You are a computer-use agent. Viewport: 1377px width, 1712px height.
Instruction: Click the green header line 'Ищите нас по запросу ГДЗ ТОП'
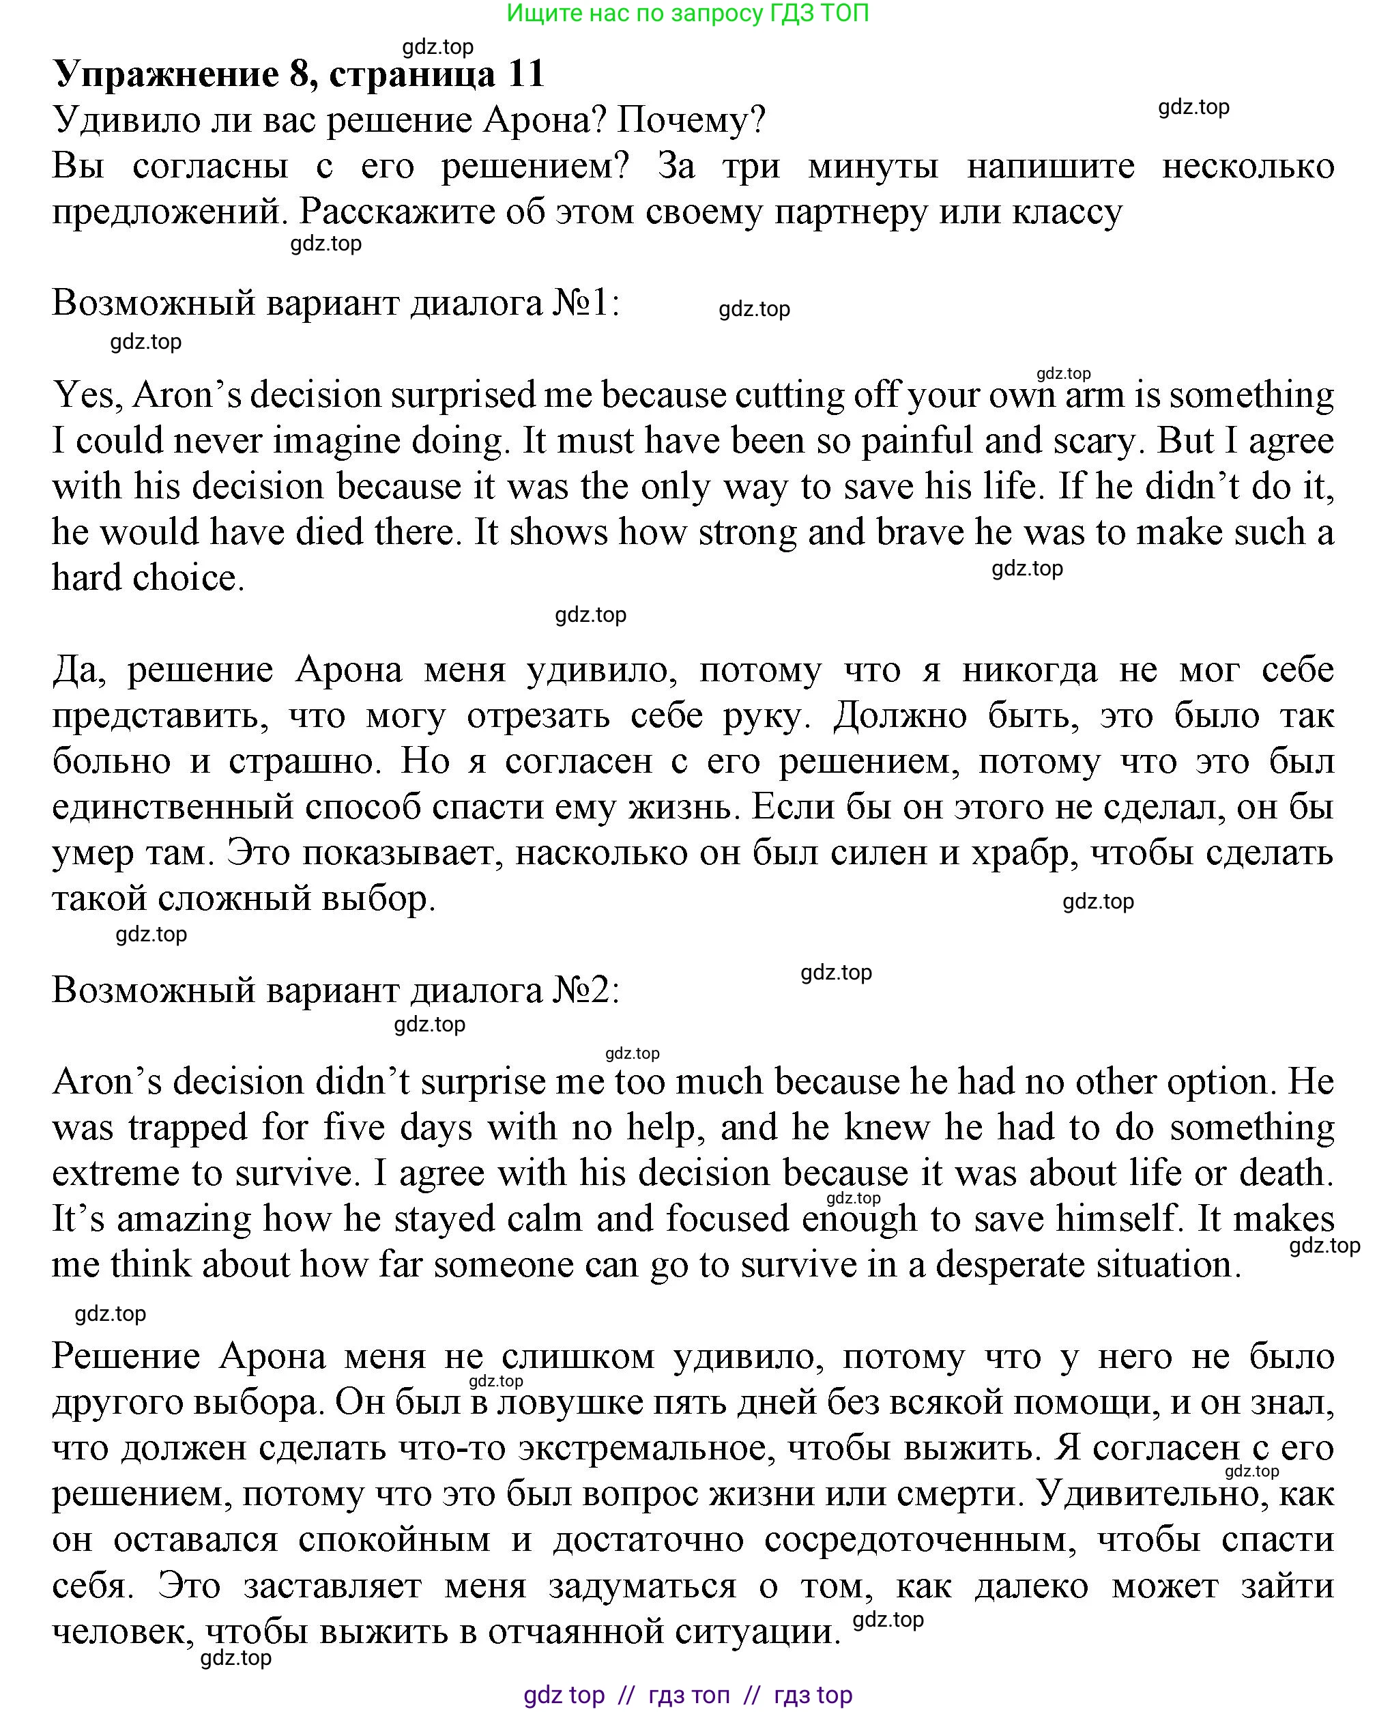[687, 14]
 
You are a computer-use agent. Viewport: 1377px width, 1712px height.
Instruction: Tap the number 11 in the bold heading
[525, 74]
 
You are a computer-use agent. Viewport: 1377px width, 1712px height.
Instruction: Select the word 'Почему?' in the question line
[691, 120]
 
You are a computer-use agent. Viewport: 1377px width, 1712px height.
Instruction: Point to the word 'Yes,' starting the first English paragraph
[87, 395]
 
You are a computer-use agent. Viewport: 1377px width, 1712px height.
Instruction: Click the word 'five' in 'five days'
[355, 1128]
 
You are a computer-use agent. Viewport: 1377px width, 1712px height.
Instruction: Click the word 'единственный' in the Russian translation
[172, 808]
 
